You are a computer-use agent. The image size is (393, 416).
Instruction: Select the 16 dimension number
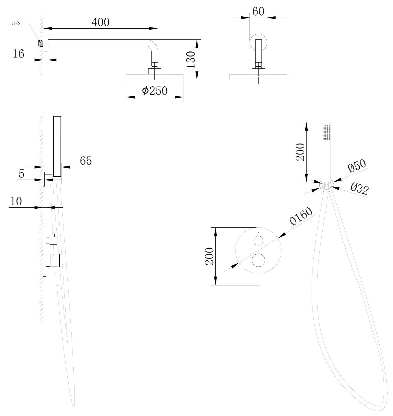(18, 54)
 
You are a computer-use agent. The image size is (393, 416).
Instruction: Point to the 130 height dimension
(191, 60)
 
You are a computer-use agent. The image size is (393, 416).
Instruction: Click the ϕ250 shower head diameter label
(154, 91)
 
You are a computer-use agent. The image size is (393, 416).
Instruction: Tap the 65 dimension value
(86, 161)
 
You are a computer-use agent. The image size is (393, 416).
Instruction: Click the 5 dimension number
(21, 173)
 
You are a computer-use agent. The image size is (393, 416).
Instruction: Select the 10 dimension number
(16, 201)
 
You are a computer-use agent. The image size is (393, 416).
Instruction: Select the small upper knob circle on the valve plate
(258, 240)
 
